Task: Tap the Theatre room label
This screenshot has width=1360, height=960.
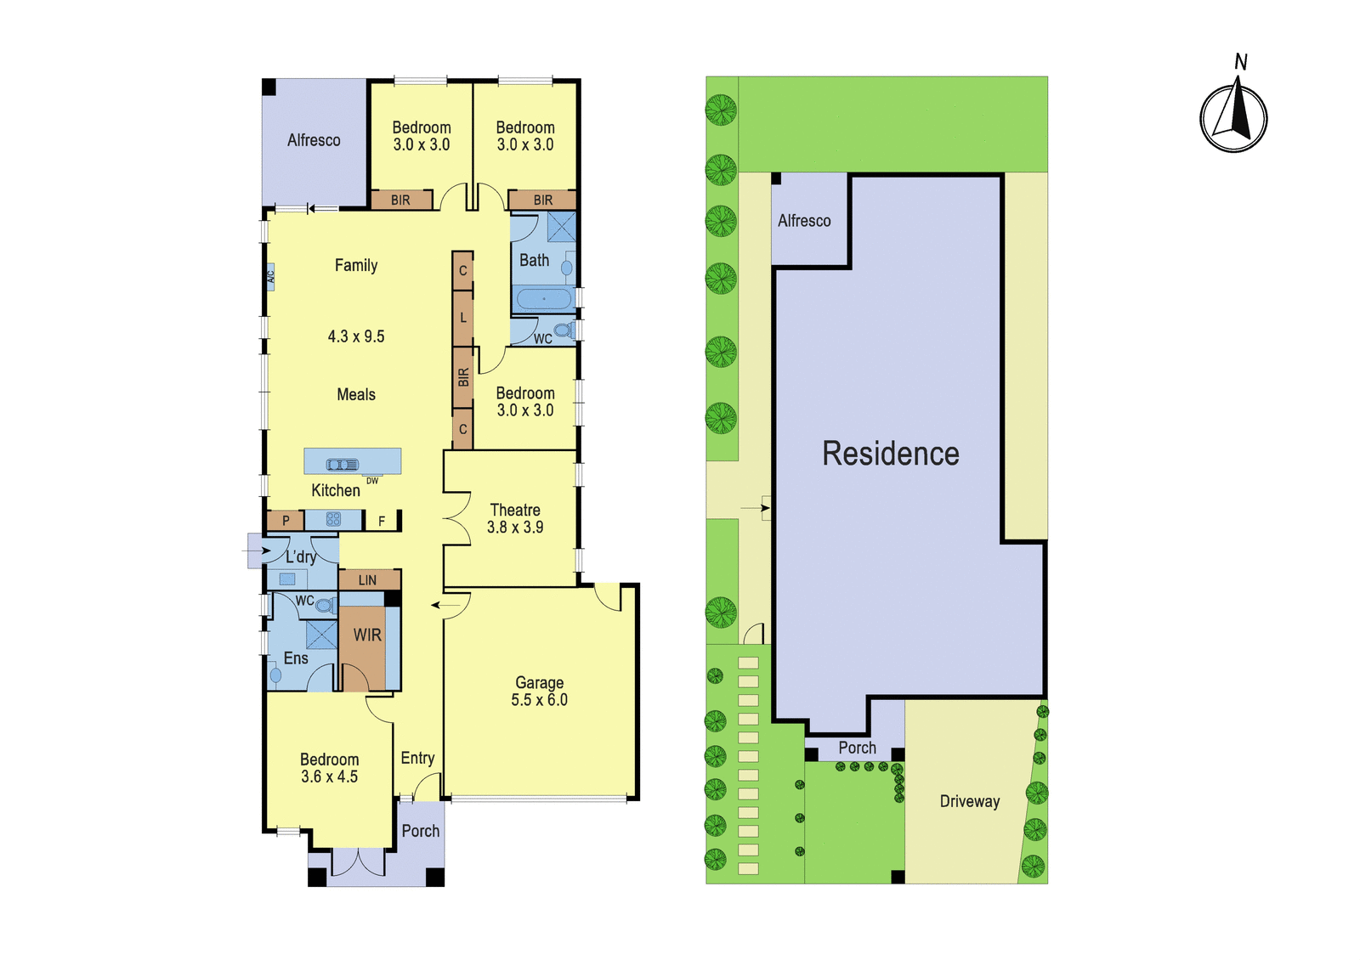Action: pyautogui.click(x=515, y=510)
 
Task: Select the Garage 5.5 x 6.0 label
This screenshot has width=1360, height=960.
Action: pyautogui.click(x=539, y=692)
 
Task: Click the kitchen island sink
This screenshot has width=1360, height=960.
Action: pyautogui.click(x=343, y=465)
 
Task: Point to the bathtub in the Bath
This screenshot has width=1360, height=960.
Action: pyautogui.click(x=544, y=299)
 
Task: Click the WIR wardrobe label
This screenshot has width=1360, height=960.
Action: pyautogui.click(x=367, y=635)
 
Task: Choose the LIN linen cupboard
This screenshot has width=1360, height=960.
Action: pyautogui.click(x=369, y=579)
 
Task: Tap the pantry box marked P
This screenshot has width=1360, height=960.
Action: pyautogui.click(x=286, y=520)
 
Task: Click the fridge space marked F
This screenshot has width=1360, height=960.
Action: pyautogui.click(x=382, y=521)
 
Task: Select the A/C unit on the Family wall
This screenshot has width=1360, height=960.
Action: pyautogui.click(x=271, y=277)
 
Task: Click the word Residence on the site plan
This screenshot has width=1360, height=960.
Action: pyautogui.click(x=891, y=454)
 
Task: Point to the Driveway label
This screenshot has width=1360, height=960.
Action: pyautogui.click(x=970, y=802)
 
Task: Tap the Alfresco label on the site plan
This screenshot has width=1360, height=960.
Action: pyautogui.click(x=804, y=220)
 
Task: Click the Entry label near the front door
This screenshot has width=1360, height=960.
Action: pyautogui.click(x=417, y=758)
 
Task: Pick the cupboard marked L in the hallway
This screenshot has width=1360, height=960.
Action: pyautogui.click(x=462, y=318)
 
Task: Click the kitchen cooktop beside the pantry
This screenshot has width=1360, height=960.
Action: pyautogui.click(x=333, y=519)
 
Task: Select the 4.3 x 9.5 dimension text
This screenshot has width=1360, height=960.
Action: pyautogui.click(x=356, y=336)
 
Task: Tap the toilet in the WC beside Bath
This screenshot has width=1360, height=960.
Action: pyautogui.click(x=564, y=330)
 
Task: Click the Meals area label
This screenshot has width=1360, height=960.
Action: pyautogui.click(x=356, y=394)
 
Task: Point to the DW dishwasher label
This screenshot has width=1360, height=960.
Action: pyautogui.click(x=372, y=481)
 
